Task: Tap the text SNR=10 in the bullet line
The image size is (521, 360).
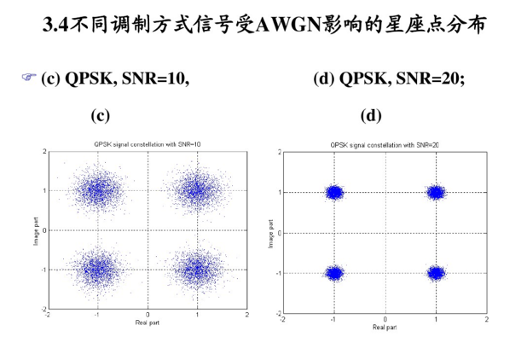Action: pyautogui.click(x=156, y=79)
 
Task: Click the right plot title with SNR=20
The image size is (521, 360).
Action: pyautogui.click(x=385, y=146)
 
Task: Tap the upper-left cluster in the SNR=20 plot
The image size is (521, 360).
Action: pyautogui.click(x=334, y=193)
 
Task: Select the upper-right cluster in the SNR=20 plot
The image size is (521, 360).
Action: pyautogui.click(x=436, y=193)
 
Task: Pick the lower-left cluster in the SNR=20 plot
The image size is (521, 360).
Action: pyautogui.click(x=334, y=273)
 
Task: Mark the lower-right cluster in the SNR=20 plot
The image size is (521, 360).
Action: pyautogui.click(x=436, y=273)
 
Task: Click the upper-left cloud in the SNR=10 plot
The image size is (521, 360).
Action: pyautogui.click(x=98, y=190)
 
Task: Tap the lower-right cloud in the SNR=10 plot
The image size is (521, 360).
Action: pyautogui.click(x=197, y=270)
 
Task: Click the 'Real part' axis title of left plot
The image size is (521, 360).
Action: pyautogui.click(x=148, y=322)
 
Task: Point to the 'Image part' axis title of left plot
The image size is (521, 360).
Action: pyautogui.click(x=33, y=230)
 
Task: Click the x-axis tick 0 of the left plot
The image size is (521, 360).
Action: pyautogui.click(x=148, y=314)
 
